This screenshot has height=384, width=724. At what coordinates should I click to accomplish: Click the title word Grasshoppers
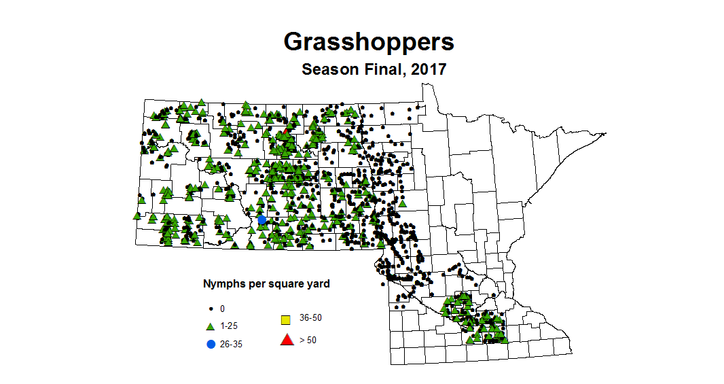tap(368, 41)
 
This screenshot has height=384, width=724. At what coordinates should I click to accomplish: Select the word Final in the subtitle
tap(382, 69)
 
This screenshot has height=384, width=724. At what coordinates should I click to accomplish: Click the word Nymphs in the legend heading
tap(221, 284)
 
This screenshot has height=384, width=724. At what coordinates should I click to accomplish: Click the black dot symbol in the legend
tap(211, 309)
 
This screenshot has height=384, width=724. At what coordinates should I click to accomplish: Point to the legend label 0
tap(222, 309)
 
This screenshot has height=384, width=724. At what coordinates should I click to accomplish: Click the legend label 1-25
tap(228, 326)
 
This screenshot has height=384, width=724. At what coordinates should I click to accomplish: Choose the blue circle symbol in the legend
tap(211, 344)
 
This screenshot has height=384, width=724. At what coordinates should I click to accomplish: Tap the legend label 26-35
tap(231, 344)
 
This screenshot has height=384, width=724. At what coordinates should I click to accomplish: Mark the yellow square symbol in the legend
tap(287, 319)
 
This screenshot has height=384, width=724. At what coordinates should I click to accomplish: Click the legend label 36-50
tap(310, 318)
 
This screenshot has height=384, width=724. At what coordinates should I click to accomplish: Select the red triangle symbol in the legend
tap(287, 340)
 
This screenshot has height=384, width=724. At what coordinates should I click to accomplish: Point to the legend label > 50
tap(308, 340)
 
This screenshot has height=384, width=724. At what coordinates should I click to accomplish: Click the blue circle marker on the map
tap(262, 220)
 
